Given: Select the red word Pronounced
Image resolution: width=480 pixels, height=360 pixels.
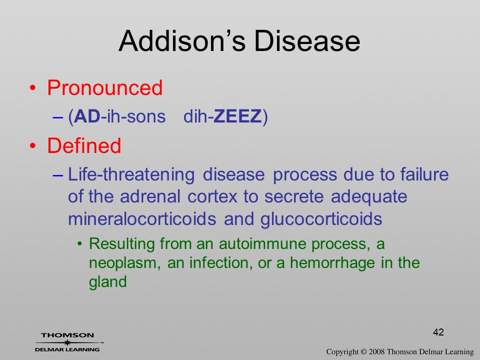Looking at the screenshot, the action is pyautogui.click(x=104, y=88).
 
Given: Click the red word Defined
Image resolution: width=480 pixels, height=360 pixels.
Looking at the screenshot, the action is pyautogui.click(x=84, y=145).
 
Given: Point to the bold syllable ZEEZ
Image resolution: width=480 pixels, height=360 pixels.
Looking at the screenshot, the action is pyautogui.click(x=237, y=116).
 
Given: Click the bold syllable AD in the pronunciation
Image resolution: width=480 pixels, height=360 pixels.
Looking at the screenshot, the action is pyautogui.click(x=87, y=116).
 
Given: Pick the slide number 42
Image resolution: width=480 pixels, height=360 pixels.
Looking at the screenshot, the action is pyautogui.click(x=438, y=332).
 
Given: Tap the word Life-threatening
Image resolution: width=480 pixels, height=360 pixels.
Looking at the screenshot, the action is pyautogui.click(x=131, y=175).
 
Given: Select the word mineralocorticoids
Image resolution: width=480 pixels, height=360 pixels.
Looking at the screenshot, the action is pyautogui.click(x=142, y=219).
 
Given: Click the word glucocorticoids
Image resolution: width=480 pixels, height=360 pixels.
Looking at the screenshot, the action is pyautogui.click(x=321, y=219).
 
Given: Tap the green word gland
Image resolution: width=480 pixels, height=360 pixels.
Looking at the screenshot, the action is pyautogui.click(x=108, y=282).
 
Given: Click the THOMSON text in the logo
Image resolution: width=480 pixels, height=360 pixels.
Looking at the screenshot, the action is pyautogui.click(x=67, y=335).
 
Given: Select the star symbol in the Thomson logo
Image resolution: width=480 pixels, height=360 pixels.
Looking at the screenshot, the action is pyautogui.click(x=67, y=342).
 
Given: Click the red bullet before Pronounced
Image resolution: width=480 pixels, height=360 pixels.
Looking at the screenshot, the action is pyautogui.click(x=33, y=88).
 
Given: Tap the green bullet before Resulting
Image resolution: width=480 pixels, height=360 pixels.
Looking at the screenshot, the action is pyautogui.click(x=80, y=244).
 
